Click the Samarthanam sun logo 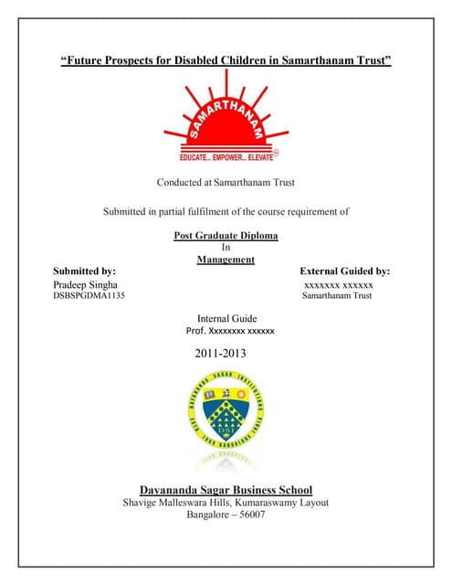click(x=226, y=124)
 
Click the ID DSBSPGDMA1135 click(x=89, y=296)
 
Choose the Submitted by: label click(x=84, y=271)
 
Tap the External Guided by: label click(x=344, y=271)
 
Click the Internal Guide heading click(x=226, y=318)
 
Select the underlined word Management click(x=226, y=260)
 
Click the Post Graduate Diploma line click(x=226, y=236)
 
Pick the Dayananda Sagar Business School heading click(x=226, y=489)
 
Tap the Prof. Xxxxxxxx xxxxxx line click(x=230, y=331)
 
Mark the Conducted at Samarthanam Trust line click(x=226, y=183)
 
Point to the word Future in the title click(x=86, y=60)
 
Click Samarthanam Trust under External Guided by click(x=337, y=296)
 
